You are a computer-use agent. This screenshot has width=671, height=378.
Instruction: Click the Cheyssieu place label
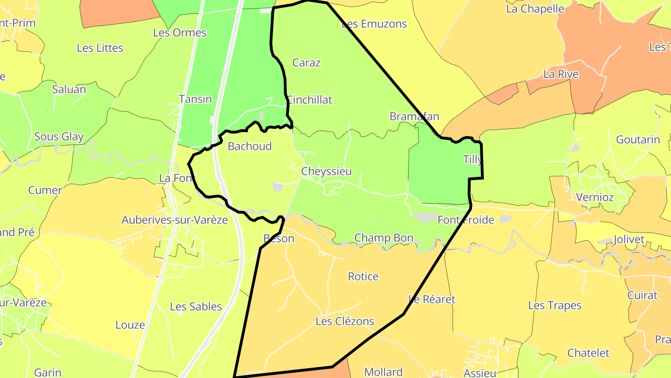326,171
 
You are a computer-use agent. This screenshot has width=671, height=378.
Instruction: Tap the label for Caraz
306,63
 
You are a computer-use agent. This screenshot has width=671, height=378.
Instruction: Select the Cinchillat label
309,99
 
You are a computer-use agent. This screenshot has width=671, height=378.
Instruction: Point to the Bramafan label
414,116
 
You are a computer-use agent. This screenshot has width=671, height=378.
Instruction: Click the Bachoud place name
249,146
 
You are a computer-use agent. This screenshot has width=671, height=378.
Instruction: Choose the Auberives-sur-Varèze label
175,220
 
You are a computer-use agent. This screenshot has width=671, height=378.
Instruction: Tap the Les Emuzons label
374,24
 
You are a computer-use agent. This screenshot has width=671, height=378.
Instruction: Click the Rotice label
363,276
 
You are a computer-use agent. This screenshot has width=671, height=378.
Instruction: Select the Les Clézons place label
345,321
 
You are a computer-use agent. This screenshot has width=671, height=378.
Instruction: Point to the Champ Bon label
383,238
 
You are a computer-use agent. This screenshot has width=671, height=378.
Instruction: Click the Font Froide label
466,220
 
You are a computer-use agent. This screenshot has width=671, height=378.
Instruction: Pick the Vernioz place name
595,197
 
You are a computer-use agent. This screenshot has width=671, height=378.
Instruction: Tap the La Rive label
561,74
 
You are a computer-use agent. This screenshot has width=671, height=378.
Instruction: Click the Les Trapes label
555,305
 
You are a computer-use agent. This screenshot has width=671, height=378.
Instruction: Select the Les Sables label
196,307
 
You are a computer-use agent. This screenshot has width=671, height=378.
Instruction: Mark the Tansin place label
195,99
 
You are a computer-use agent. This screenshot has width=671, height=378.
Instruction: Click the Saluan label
69,89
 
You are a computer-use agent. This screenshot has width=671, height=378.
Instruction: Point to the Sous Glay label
59,137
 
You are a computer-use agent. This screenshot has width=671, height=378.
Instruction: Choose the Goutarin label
638,140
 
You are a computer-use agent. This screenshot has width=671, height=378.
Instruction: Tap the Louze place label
130,325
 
